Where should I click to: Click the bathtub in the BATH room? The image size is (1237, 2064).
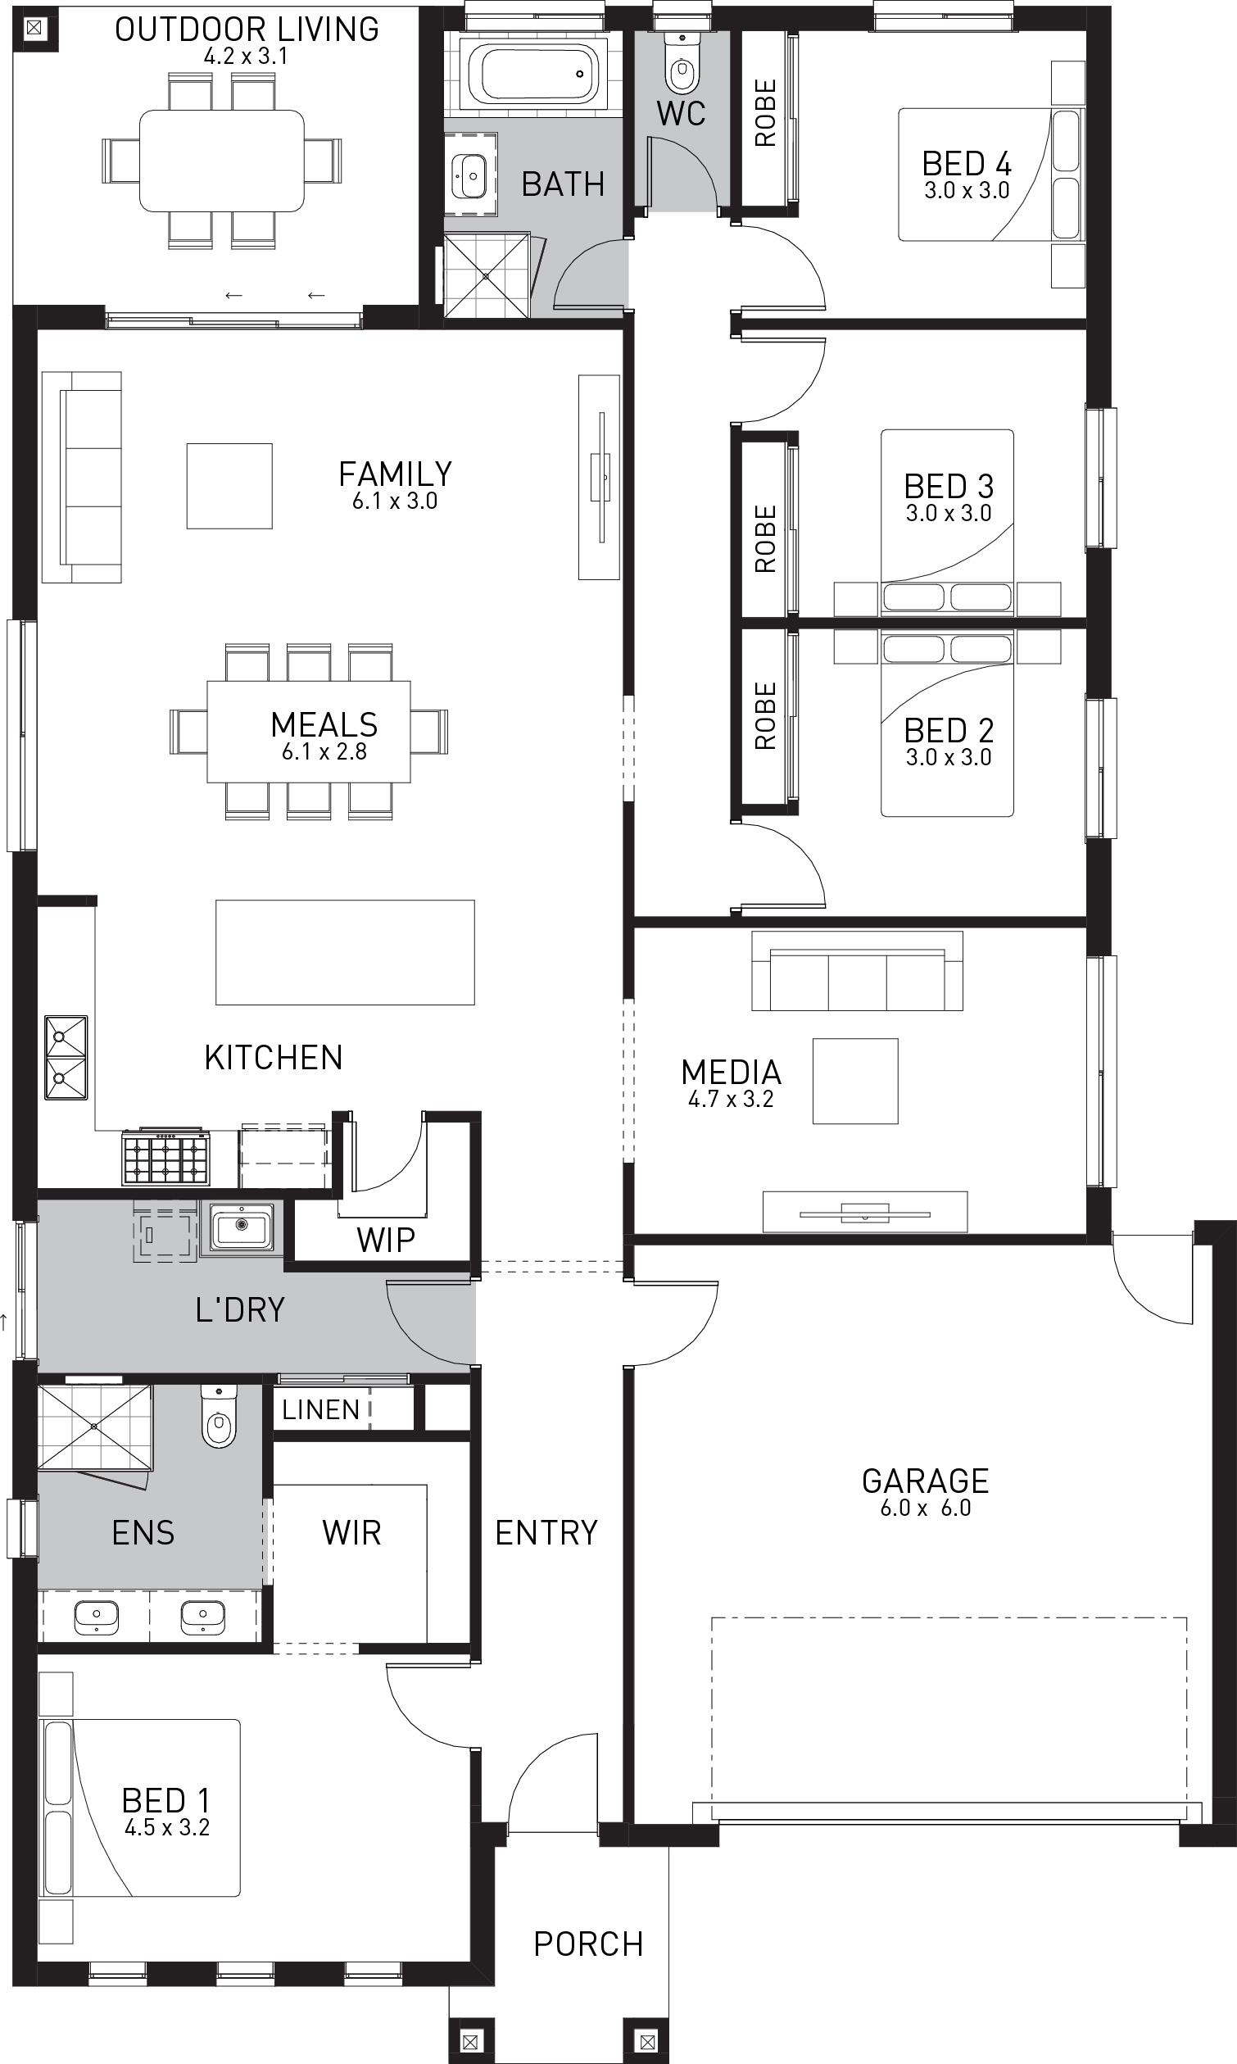(x=532, y=75)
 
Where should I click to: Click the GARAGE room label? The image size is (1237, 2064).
(x=925, y=1481)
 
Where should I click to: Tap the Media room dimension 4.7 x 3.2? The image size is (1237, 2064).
(x=731, y=1099)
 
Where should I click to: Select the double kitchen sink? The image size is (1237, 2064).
(x=66, y=1057)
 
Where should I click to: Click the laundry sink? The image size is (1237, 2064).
(x=242, y=1228)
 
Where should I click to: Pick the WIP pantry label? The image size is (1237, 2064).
(x=386, y=1241)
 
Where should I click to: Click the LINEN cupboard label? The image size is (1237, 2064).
(x=321, y=1409)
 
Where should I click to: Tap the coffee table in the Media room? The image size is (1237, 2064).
(x=855, y=1082)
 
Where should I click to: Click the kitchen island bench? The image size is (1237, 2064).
(x=345, y=952)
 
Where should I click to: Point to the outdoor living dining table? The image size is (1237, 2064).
(x=222, y=160)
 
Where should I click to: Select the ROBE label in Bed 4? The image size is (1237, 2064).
(x=765, y=112)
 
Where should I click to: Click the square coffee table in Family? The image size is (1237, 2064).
(x=229, y=486)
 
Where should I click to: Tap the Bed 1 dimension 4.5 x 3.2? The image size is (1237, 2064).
(x=167, y=1827)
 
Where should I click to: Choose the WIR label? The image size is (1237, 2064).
(x=351, y=1532)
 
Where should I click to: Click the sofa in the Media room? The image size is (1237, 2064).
(x=857, y=971)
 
